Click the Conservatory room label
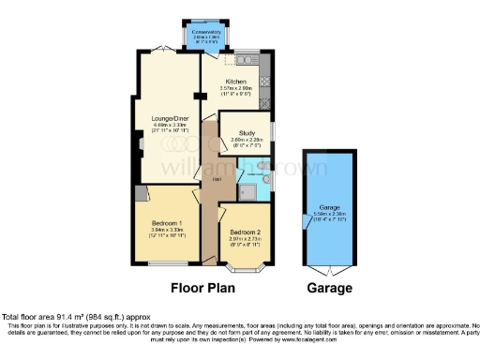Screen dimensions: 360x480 [x=205, y=32]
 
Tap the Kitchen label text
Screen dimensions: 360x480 [x=235, y=82]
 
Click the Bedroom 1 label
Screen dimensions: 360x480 [x=169, y=222]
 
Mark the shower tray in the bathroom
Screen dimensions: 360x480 [x=247, y=191]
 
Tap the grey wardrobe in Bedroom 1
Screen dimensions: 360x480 [x=141, y=193]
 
